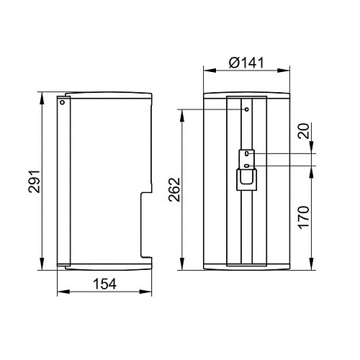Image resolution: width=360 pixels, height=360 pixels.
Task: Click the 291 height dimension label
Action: point(34,181)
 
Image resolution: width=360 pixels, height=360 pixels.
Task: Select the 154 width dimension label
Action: point(104,284)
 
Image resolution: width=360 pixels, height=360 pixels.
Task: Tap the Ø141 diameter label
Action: point(246,63)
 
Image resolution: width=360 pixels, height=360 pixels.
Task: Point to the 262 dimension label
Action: point(174,189)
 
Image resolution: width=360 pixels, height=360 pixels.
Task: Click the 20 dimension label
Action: point(304,131)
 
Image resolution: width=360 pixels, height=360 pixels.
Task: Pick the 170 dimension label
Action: point(304,217)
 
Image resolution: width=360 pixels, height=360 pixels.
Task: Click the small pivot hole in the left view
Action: point(63,102)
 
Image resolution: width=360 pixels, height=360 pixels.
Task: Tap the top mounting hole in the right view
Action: point(247,109)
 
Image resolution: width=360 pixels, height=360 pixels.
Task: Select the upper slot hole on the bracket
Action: point(246,153)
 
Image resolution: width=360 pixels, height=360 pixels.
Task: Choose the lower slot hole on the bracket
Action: point(246,166)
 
